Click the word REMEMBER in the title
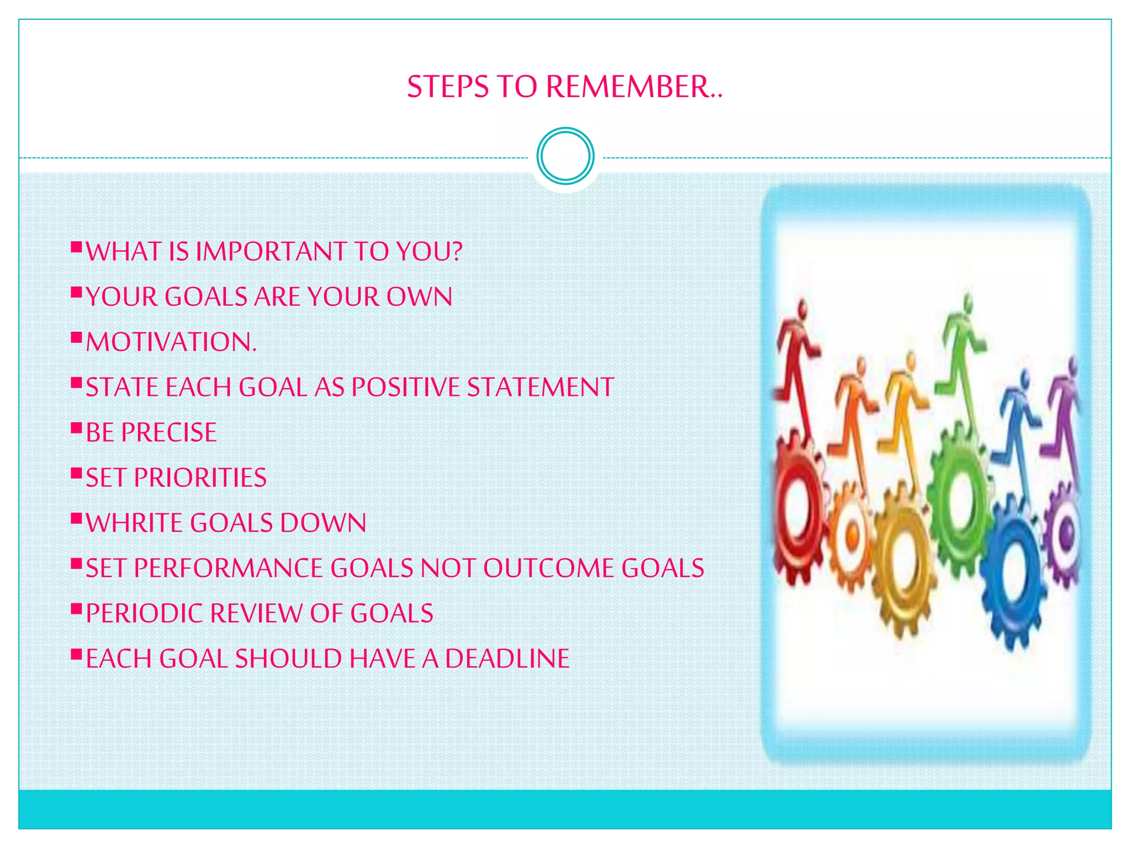pos(633,87)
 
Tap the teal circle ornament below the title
pos(565,156)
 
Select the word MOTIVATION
pos(171,342)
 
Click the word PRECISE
pos(169,433)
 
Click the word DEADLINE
pos(507,659)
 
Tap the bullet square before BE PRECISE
pos(76,427)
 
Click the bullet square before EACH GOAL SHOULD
pos(76,654)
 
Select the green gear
pos(961,491)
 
